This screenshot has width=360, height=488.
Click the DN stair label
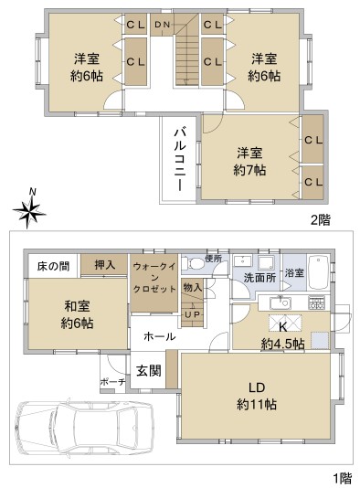pos(162,25)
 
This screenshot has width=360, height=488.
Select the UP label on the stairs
pos(192,314)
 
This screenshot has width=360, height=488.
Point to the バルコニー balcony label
pos(180,159)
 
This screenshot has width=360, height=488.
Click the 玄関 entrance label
pos(149,371)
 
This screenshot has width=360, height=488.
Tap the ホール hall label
pos(160,336)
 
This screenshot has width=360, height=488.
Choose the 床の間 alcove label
pos(53,267)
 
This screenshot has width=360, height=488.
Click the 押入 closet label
pos(105,264)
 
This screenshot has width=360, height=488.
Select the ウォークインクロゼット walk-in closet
pos(154,277)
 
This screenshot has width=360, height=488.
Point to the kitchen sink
pos(281,302)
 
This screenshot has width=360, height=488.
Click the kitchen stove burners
pos(316,302)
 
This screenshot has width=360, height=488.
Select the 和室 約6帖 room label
pos(77,314)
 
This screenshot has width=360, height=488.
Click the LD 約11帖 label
pos(257,396)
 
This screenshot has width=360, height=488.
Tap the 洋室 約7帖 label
pos(249,162)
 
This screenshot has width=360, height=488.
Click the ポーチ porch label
pos(112,382)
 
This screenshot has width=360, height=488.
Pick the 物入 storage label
pos(193,287)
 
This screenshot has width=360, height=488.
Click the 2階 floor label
pos(321,220)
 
